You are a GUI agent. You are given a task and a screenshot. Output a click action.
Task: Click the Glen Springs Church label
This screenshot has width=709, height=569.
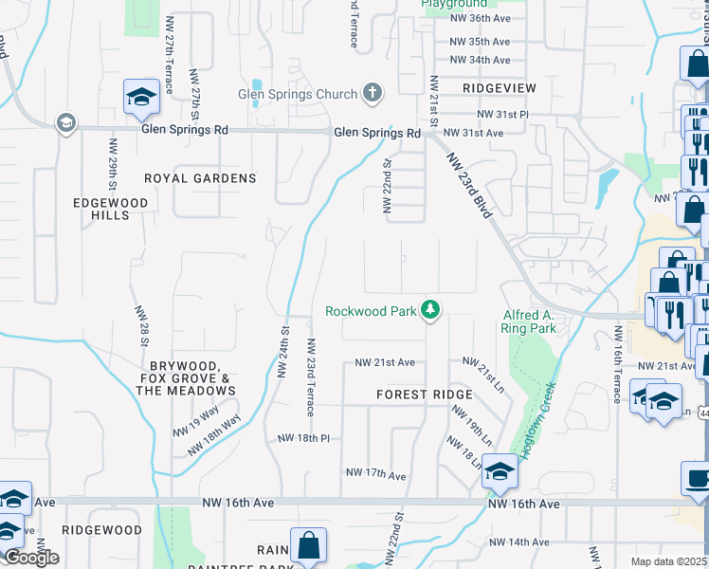pos(298,94)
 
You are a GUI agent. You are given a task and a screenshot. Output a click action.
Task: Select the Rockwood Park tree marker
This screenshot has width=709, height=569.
pos(430,309)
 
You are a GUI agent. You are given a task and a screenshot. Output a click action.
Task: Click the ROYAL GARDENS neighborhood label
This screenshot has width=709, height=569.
pos(200,178)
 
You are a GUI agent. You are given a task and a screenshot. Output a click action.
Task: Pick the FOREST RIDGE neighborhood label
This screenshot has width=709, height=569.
pos(424,395)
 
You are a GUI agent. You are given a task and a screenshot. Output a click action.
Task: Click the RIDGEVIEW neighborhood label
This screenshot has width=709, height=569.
pos(500,88)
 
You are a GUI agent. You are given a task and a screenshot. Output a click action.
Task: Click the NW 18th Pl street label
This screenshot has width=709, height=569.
pos(303,438)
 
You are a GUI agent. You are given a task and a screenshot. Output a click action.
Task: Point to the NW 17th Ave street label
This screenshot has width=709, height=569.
pos(375,473)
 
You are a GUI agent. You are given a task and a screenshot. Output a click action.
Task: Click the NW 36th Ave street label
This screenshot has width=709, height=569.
pos(480,18)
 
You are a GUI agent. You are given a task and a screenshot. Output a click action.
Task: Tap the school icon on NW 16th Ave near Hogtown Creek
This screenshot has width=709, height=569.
pos(499,471)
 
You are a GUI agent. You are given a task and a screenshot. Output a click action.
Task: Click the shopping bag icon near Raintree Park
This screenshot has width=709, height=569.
pos(308,545)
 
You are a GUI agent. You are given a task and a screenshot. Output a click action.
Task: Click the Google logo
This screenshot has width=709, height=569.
pos(31,558)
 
